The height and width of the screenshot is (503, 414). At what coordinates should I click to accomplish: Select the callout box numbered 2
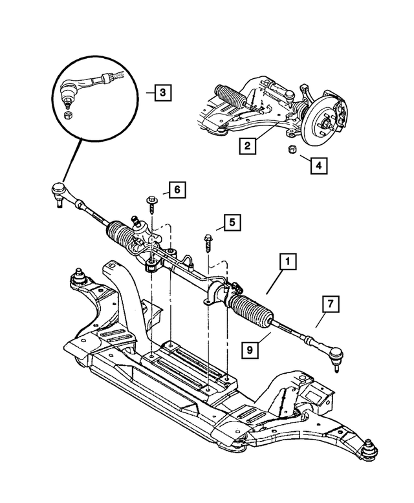246,145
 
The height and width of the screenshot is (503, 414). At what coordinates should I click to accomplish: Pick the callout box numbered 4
317,166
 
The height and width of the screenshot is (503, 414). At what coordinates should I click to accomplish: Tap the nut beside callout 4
291,151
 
